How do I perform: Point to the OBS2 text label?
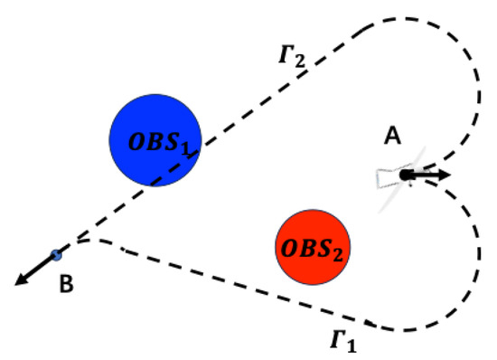[x=313, y=246]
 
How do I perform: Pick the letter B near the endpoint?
[x=66, y=286]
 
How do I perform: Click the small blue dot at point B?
[x=56, y=256]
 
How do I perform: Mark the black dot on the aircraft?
[x=406, y=175]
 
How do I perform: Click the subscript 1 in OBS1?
[x=190, y=147]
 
